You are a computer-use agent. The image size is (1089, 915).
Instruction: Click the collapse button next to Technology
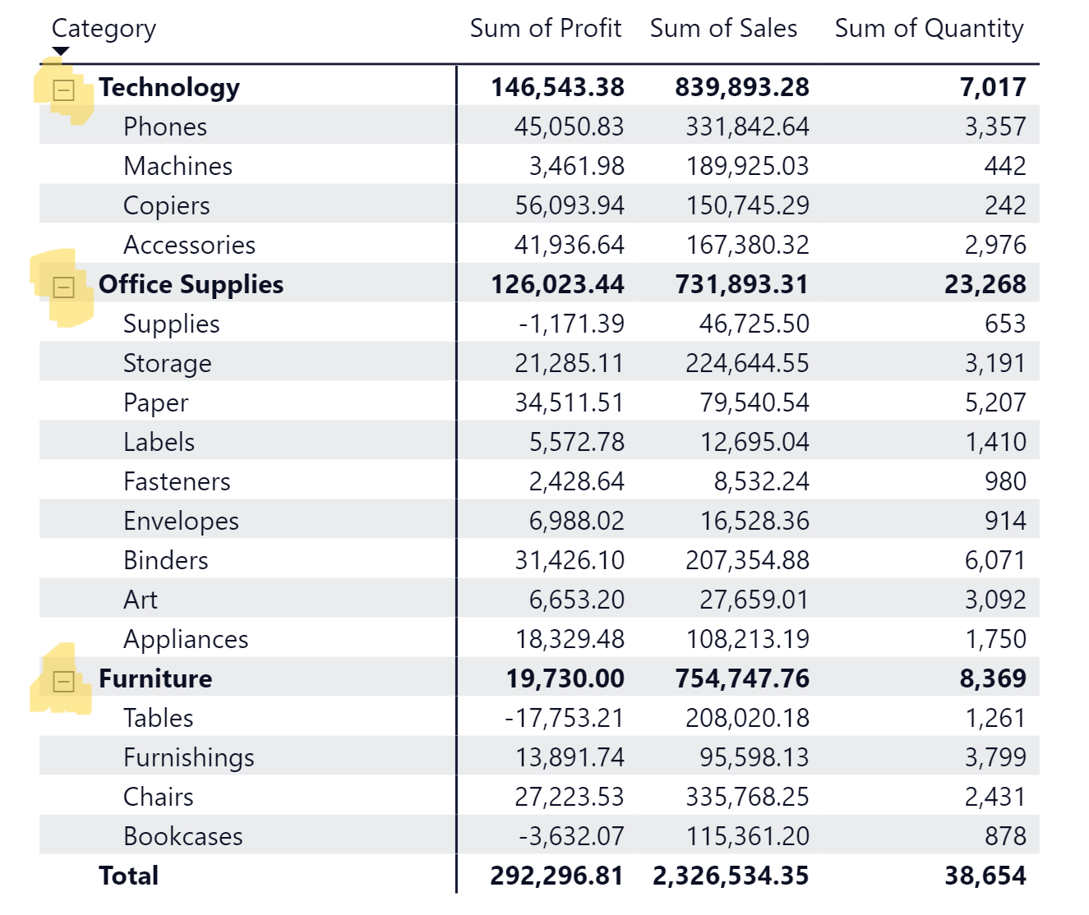63,90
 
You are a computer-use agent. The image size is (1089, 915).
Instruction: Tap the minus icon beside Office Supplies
63,287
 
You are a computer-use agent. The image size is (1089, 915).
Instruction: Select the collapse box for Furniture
63,681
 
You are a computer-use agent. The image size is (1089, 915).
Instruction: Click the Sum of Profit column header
545,29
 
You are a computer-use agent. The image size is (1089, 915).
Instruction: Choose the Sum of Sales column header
723,29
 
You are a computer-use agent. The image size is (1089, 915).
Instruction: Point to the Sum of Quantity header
929,29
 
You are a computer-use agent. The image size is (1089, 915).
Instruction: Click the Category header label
104,29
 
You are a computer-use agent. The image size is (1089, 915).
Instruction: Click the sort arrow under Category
60,52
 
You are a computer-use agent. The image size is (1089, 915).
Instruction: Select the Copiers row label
166,205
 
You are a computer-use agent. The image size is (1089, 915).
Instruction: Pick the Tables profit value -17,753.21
565,718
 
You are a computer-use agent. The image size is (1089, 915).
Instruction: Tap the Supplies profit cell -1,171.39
571,324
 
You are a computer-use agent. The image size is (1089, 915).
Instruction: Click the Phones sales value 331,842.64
747,126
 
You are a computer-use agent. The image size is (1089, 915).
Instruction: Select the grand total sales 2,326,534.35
731,876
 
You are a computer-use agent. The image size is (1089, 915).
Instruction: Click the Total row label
128,876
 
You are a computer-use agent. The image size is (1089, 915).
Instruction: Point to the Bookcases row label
182,836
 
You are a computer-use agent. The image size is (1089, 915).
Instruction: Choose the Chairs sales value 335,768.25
747,797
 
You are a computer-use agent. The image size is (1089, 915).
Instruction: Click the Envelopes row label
181,521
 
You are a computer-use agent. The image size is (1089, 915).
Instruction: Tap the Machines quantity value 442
1005,166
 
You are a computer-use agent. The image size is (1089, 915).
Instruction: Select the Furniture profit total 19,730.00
565,678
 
